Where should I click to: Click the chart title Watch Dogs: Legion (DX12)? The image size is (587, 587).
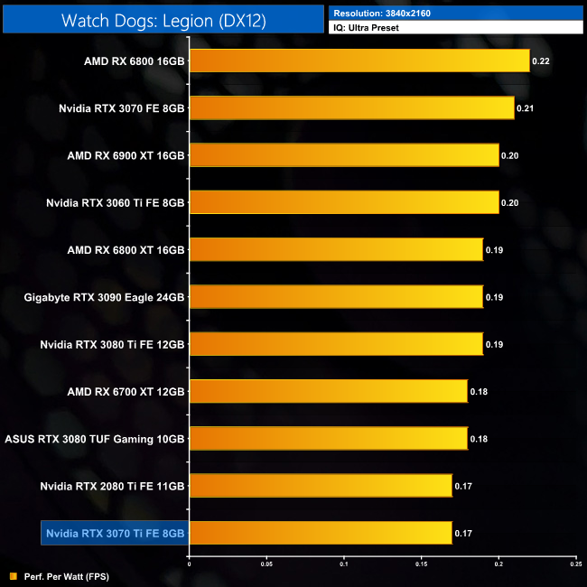[163, 21]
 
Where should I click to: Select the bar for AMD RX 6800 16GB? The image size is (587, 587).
[359, 61]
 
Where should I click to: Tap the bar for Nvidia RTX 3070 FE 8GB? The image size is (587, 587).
[351, 107]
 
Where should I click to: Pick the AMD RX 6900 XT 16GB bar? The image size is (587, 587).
[344, 154]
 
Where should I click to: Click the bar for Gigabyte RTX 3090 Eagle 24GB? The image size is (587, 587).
[336, 296]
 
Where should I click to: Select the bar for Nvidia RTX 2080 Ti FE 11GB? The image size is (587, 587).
[321, 485]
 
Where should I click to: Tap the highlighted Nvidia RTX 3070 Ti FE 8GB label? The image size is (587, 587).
[115, 533]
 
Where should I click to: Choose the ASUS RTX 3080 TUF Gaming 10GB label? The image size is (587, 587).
[95, 438]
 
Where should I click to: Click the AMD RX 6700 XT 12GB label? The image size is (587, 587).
[126, 391]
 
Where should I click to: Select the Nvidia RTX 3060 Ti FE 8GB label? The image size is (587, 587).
[116, 202]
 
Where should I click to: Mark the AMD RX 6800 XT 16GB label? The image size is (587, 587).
[126, 249]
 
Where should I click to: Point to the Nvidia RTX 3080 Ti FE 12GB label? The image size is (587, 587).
[113, 344]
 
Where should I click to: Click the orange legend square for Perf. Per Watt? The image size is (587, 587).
[12, 575]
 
